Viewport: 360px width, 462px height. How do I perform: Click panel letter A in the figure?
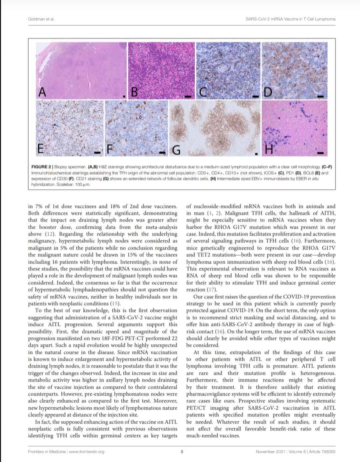click(x=42, y=92)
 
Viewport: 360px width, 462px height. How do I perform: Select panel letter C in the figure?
click(x=203, y=92)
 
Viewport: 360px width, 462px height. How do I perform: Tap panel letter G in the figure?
click(x=176, y=151)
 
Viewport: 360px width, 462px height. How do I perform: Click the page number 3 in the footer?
click(x=182, y=452)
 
